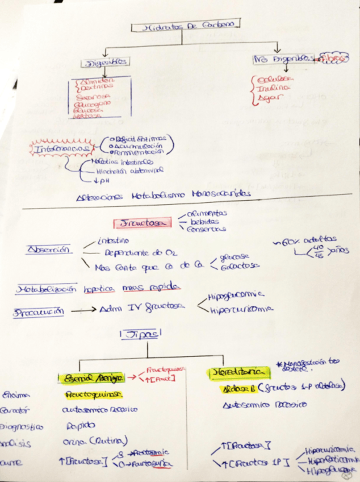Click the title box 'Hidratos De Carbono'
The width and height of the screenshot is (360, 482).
point(185,25)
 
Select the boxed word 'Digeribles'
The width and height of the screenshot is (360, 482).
point(105,62)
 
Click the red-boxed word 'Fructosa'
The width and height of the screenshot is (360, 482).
point(141,222)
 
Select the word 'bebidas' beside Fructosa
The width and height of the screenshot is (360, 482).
point(204,221)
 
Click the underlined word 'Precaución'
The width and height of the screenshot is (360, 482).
point(39,311)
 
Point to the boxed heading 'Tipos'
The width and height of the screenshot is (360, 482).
point(140,335)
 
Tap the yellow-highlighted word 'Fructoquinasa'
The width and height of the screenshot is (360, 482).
point(91,393)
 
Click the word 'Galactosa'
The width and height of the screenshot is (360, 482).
point(242,265)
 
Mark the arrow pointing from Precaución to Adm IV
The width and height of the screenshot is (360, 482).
point(84,311)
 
